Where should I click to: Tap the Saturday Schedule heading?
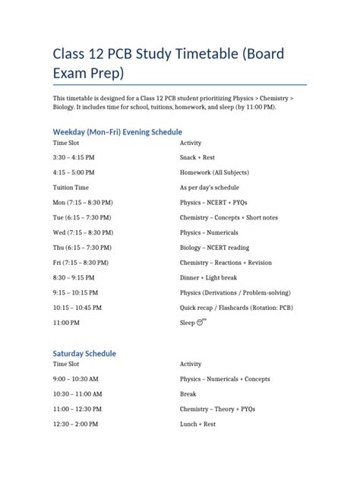click(x=84, y=354)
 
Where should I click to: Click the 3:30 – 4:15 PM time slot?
click(x=73, y=157)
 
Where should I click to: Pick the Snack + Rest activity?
click(x=197, y=157)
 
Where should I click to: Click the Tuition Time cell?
click(x=71, y=187)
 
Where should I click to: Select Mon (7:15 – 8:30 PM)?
click(x=85, y=202)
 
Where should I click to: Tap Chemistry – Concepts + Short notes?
click(x=229, y=217)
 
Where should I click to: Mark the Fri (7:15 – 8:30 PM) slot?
click(x=84, y=262)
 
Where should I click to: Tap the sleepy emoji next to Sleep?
click(x=201, y=322)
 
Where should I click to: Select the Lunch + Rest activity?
click(x=198, y=425)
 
